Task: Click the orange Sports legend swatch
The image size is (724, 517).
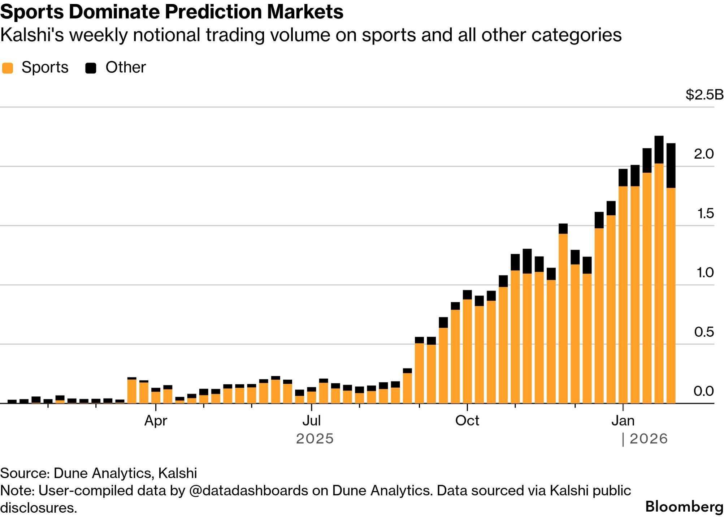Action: (8, 68)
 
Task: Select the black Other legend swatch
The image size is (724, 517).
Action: (91, 68)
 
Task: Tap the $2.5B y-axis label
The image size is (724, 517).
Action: (704, 95)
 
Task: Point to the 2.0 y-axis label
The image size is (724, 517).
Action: (704, 154)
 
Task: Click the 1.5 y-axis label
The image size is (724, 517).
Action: (706, 213)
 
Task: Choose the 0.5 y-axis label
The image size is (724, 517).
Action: (704, 332)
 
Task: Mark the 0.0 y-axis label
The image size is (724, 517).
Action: (704, 391)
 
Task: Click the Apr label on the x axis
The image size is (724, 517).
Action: (156, 421)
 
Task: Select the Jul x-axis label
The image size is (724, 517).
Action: (311, 421)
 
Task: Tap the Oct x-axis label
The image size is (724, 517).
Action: (467, 421)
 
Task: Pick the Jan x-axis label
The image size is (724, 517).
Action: (623, 421)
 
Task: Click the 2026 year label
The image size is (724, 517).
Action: (649, 439)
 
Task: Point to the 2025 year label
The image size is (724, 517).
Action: (315, 439)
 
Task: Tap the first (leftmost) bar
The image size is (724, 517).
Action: (12, 401)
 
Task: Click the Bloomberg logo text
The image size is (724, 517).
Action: (684, 507)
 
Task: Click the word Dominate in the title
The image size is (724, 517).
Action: (114, 12)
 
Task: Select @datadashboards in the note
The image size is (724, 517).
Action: (248, 490)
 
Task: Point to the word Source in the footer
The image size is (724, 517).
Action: (25, 473)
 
